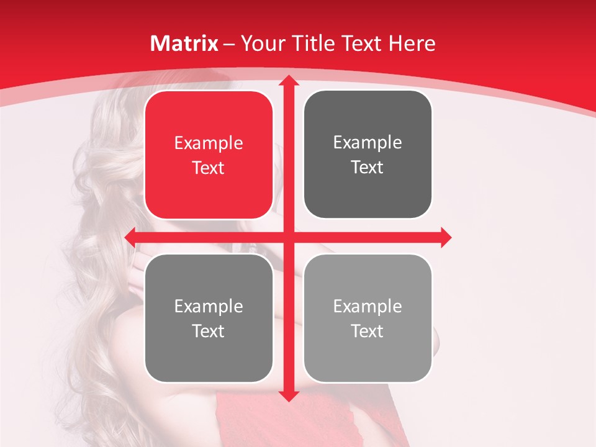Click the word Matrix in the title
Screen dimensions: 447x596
[184, 43]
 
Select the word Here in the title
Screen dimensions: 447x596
[412, 43]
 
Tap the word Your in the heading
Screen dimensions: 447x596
[261, 43]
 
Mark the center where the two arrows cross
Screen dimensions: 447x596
[288, 237]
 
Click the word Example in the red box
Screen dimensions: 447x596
[209, 143]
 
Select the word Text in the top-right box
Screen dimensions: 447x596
[368, 168]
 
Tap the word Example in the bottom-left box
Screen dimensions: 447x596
[209, 306]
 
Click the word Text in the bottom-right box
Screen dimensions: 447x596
[368, 331]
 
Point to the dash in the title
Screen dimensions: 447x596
[229, 44]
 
